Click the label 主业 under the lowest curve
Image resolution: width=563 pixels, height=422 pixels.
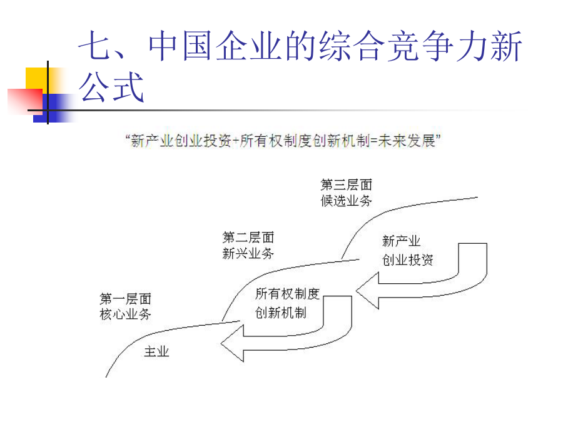(156, 351)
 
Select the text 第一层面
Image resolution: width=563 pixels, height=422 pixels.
(125, 298)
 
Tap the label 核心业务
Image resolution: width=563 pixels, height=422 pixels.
(125, 314)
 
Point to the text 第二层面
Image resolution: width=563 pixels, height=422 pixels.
(248, 237)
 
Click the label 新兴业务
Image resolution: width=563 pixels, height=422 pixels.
(248, 253)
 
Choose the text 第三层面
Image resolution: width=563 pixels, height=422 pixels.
(346, 184)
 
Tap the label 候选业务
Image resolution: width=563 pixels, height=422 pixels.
(346, 201)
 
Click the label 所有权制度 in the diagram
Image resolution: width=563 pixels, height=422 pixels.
(287, 294)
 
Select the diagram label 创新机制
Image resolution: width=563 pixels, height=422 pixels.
(281, 313)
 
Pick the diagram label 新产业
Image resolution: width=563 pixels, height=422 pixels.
(401, 241)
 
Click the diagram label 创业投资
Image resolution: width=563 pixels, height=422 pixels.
(407, 259)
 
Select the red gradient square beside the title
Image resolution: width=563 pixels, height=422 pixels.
(25, 102)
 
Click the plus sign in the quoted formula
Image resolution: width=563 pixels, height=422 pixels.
(236, 141)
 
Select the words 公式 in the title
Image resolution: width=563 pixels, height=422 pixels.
(112, 87)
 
